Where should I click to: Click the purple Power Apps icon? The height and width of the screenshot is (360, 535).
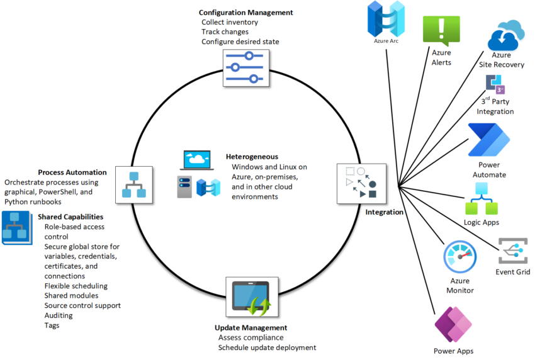(x=453, y=323)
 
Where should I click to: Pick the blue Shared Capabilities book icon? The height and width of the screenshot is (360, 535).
(x=17, y=228)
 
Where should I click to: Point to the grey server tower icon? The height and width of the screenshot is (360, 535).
(x=184, y=186)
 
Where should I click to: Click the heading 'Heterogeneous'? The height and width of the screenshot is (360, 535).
(x=252, y=157)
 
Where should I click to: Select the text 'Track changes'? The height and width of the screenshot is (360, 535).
(x=225, y=31)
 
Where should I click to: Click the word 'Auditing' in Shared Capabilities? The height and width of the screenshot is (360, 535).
(x=59, y=315)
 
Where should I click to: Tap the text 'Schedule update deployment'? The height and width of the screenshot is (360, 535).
(x=267, y=347)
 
